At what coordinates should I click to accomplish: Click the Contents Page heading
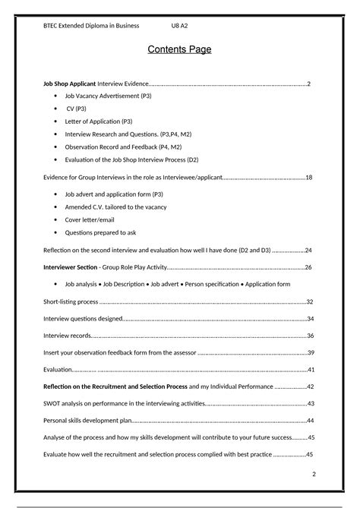coord(179,50)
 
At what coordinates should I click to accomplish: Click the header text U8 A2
coord(180,26)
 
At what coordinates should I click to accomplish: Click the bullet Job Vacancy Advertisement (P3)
coord(108,96)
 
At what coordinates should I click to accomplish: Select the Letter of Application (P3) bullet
coord(99,121)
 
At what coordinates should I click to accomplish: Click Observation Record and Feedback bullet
coord(122,147)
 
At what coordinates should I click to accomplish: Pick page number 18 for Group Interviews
coord(309,177)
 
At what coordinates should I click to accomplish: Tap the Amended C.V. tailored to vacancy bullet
coord(115,207)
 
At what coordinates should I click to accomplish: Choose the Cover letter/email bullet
coord(93,219)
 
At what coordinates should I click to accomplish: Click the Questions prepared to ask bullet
coord(100,232)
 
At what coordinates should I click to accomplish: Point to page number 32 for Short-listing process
coord(310,301)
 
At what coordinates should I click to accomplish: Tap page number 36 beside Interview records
coord(310,336)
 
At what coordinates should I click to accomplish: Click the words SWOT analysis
coord(68,403)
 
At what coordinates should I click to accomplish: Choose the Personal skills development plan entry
coord(87,421)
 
